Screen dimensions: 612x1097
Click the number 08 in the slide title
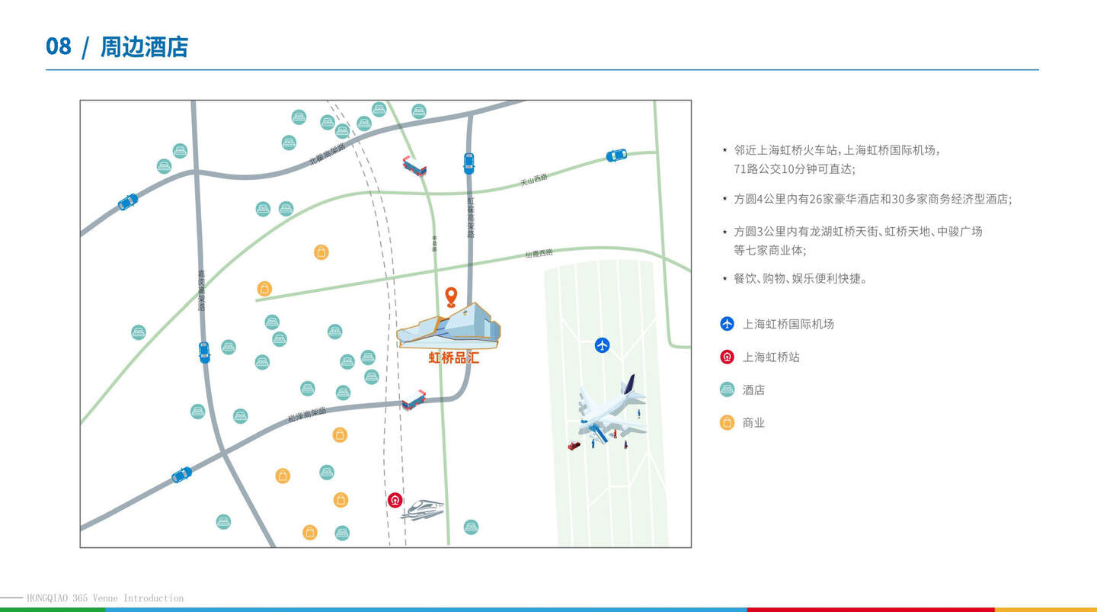click(59, 46)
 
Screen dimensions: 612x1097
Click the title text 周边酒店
click(144, 47)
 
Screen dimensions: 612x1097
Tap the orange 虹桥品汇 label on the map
click(454, 357)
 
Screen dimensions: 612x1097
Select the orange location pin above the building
click(451, 296)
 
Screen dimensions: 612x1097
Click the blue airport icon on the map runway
click(603, 345)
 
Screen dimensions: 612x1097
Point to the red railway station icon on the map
click(395, 500)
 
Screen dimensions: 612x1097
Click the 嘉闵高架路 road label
click(201, 290)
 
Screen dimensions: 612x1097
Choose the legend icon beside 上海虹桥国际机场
click(727, 324)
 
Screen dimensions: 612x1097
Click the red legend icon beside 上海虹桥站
click(727, 357)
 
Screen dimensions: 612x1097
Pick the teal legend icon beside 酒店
click(727, 389)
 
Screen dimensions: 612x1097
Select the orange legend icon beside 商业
click(727, 422)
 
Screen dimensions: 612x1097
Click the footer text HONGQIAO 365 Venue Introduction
click(105, 598)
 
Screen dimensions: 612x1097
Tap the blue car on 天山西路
click(616, 155)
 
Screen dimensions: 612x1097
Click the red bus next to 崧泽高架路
click(414, 401)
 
